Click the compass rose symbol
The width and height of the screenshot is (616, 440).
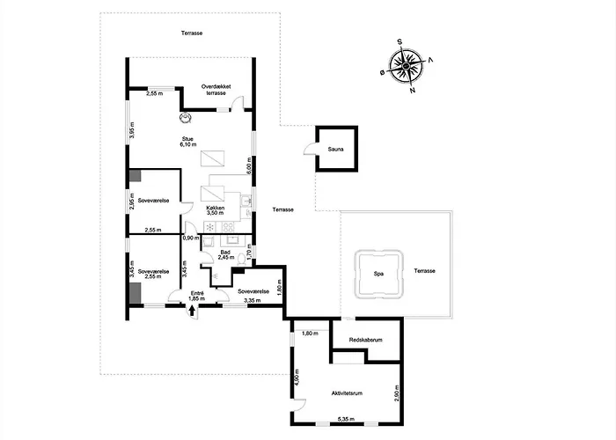point(407,66)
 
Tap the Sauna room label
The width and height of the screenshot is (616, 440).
point(336,150)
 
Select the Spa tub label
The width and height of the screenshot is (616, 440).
point(378,274)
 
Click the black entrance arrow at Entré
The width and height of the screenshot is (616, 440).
point(192,311)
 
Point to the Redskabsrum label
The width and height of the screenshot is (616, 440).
point(366,340)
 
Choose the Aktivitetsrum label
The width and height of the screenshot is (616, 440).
point(347,393)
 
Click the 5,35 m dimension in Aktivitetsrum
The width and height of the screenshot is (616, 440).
point(346,419)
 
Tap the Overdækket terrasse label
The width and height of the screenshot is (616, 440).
point(216,90)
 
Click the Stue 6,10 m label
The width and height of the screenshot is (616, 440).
point(187,142)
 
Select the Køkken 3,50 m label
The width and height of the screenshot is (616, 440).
point(216,210)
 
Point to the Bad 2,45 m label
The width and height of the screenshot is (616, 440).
point(225,255)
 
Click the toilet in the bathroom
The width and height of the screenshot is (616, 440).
point(242,260)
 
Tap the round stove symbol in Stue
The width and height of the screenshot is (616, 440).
point(185,117)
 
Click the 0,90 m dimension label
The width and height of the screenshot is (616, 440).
point(191,238)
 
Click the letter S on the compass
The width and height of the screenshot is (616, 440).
point(400,42)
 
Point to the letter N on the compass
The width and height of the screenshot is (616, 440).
point(413,90)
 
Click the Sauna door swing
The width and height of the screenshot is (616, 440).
point(310,149)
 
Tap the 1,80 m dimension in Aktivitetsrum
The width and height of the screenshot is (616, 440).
point(310,334)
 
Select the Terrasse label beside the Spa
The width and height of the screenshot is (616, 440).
point(425,271)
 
